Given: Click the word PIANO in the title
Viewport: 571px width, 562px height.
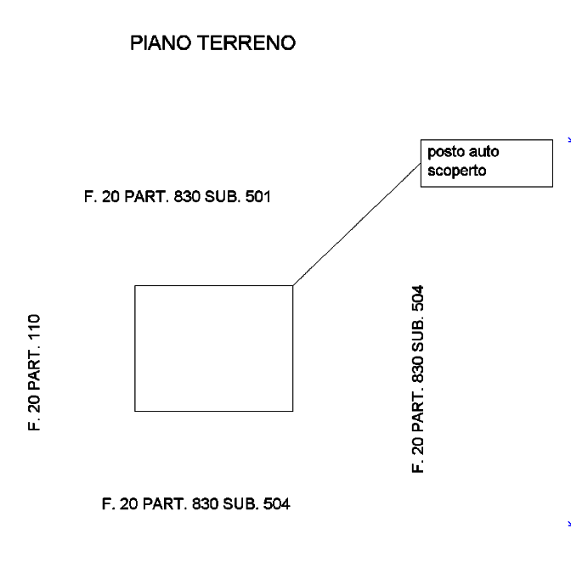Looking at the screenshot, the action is [161, 43].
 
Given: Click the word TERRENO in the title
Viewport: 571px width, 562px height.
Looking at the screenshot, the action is [246, 43].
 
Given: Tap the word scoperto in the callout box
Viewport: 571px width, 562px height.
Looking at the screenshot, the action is [456, 171].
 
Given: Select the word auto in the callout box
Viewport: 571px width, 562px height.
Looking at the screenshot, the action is [484, 152].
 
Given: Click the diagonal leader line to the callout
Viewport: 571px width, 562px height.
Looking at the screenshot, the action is [357, 224].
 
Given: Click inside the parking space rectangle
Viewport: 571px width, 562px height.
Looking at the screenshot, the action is [214, 348].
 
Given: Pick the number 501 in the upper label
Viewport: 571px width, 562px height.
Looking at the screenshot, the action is [257, 197].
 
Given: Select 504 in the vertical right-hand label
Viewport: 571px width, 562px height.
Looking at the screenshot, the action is [418, 298].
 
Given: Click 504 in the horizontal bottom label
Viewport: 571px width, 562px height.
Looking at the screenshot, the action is [276, 504].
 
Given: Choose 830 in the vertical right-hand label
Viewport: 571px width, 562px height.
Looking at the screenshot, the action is [418, 368].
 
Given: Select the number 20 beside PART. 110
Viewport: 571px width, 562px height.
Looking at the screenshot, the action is [34, 403].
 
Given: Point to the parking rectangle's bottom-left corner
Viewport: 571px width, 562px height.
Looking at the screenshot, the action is [135, 412].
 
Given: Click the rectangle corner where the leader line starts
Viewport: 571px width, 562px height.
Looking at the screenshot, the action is [293, 285].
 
